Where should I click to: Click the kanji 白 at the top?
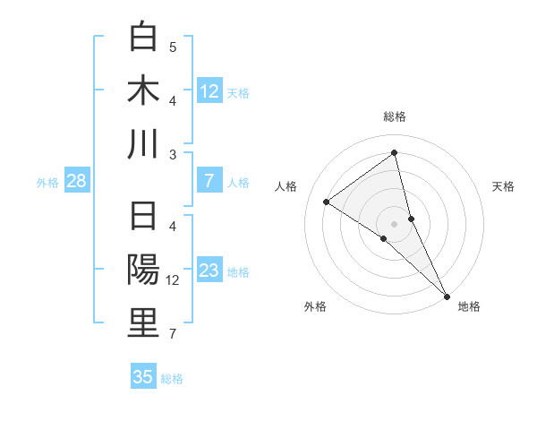pyautogui.click(x=143, y=38)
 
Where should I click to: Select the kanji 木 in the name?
pyautogui.click(x=143, y=90)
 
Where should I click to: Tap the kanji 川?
pyautogui.click(x=143, y=144)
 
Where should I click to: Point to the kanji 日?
pyautogui.click(x=143, y=218)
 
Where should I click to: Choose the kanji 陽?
pyautogui.click(x=143, y=271)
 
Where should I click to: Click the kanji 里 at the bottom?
pyautogui.click(x=143, y=324)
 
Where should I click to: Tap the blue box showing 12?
pyautogui.click(x=209, y=90)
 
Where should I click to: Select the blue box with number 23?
pyautogui.click(x=209, y=271)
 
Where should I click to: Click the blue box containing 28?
pyautogui.click(x=76, y=181)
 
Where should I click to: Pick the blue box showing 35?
pyautogui.click(x=143, y=376)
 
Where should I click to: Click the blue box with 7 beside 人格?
pyautogui.click(x=209, y=181)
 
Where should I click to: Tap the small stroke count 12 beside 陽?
pyautogui.click(x=174, y=280)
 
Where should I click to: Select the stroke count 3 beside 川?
pyautogui.click(x=173, y=154)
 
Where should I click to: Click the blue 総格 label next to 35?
pyautogui.click(x=172, y=378)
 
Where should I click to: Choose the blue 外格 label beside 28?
pyautogui.click(x=47, y=183)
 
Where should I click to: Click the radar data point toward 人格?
pyautogui.click(x=326, y=202)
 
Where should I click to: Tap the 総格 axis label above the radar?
pyautogui.click(x=395, y=116)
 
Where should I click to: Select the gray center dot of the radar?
pyautogui.click(x=395, y=223)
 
